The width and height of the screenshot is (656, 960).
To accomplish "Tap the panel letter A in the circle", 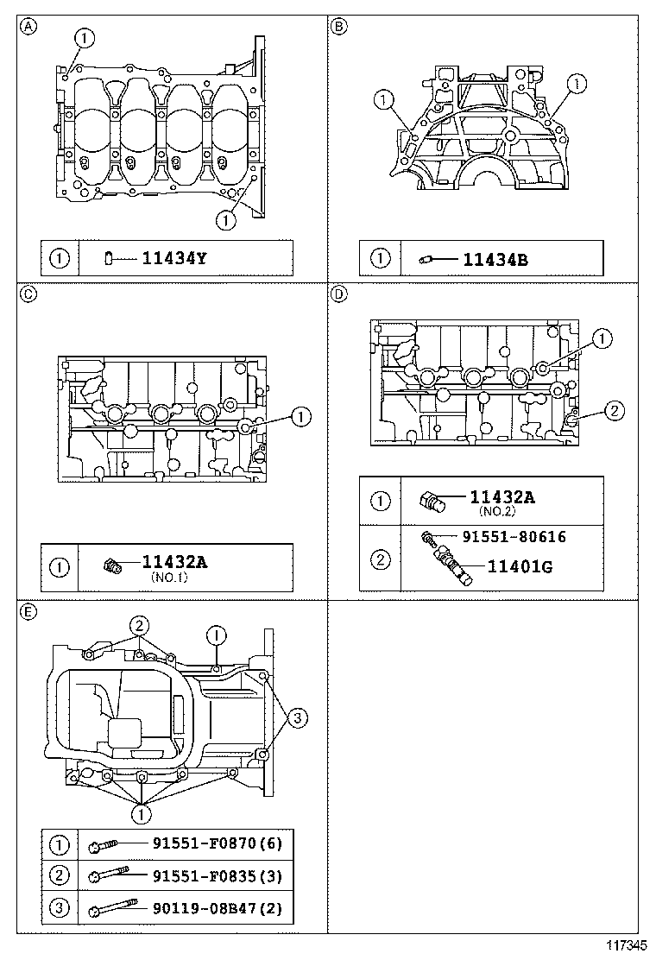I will tap(28, 26).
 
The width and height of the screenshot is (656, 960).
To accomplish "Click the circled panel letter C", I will tap(28, 294).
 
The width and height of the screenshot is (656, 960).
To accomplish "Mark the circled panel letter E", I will tap(28, 611).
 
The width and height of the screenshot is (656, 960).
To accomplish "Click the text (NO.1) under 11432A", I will tap(168, 578).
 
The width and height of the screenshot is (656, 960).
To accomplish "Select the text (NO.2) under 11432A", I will tap(496, 511).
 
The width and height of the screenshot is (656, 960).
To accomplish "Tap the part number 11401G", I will tap(520, 567).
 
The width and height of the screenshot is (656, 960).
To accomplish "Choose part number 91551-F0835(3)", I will tap(218, 876).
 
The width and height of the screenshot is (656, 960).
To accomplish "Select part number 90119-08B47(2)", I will tap(218, 909).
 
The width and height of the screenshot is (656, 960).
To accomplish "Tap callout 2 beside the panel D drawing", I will tap(611, 411).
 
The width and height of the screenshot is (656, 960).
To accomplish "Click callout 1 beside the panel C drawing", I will tap(300, 417).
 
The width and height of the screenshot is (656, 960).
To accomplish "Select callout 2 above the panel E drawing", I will tap(138, 625).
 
